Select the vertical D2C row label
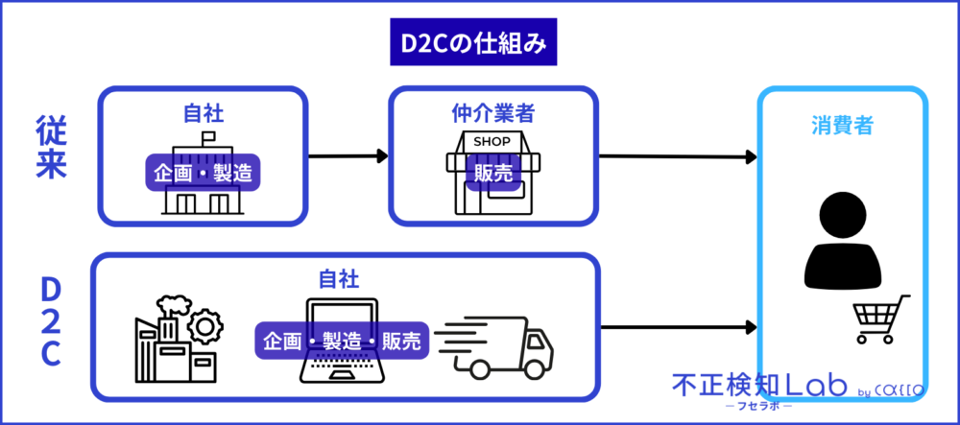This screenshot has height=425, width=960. [x=51, y=322]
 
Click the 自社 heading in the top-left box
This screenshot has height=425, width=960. [x=203, y=113]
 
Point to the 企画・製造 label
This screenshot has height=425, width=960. [x=204, y=174]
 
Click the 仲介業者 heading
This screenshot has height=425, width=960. [x=492, y=113]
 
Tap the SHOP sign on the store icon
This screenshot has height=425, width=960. [x=493, y=142]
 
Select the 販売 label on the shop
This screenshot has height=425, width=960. [x=492, y=174]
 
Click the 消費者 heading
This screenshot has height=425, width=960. [x=842, y=125]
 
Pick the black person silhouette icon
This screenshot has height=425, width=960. [x=842, y=236]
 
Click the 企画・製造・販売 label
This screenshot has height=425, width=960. [x=339, y=341]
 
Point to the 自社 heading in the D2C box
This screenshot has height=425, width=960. [x=339, y=279]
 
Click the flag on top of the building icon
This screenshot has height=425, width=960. [x=205, y=139]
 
